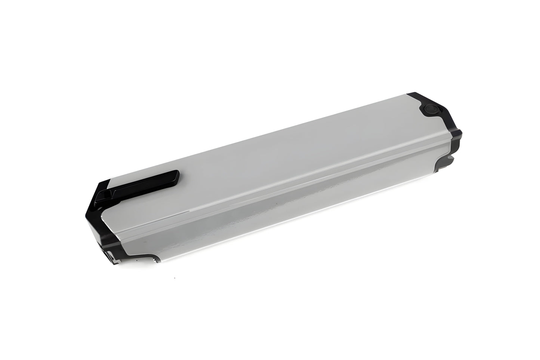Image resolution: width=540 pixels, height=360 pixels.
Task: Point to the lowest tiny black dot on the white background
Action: click(175, 279)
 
